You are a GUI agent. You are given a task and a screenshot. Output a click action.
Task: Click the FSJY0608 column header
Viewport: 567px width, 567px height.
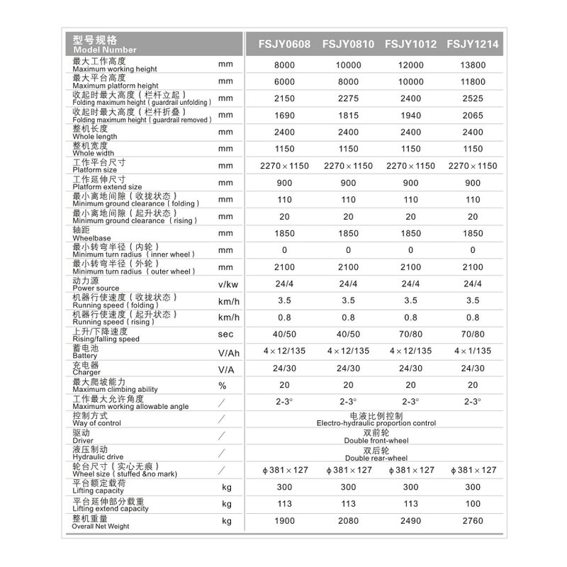point(283,43)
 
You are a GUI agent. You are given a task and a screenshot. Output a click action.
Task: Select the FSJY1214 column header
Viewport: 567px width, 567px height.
point(473,43)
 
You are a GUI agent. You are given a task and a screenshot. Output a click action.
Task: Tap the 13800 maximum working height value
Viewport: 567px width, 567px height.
point(473,64)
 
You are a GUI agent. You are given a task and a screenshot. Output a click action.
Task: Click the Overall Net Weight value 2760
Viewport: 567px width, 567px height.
point(473,522)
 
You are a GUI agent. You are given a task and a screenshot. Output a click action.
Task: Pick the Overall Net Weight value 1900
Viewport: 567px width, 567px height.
point(283,522)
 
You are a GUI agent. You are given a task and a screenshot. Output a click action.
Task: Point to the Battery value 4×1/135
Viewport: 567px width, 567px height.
point(473,351)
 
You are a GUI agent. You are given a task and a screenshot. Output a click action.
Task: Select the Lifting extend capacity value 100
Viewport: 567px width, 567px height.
point(473,505)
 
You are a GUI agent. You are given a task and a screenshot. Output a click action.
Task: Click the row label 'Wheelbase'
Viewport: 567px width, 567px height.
point(89,238)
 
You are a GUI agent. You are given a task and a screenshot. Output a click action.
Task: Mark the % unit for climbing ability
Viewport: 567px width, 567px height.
point(223,386)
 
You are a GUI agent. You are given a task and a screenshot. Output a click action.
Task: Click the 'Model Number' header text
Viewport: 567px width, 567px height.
point(104,50)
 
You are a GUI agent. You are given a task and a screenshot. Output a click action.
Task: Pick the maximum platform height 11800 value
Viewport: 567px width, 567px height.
point(473,82)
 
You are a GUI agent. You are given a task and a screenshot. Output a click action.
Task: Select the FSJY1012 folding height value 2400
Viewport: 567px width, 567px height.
point(410,99)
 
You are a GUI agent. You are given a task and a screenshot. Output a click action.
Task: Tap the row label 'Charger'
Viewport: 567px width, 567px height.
point(86,372)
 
